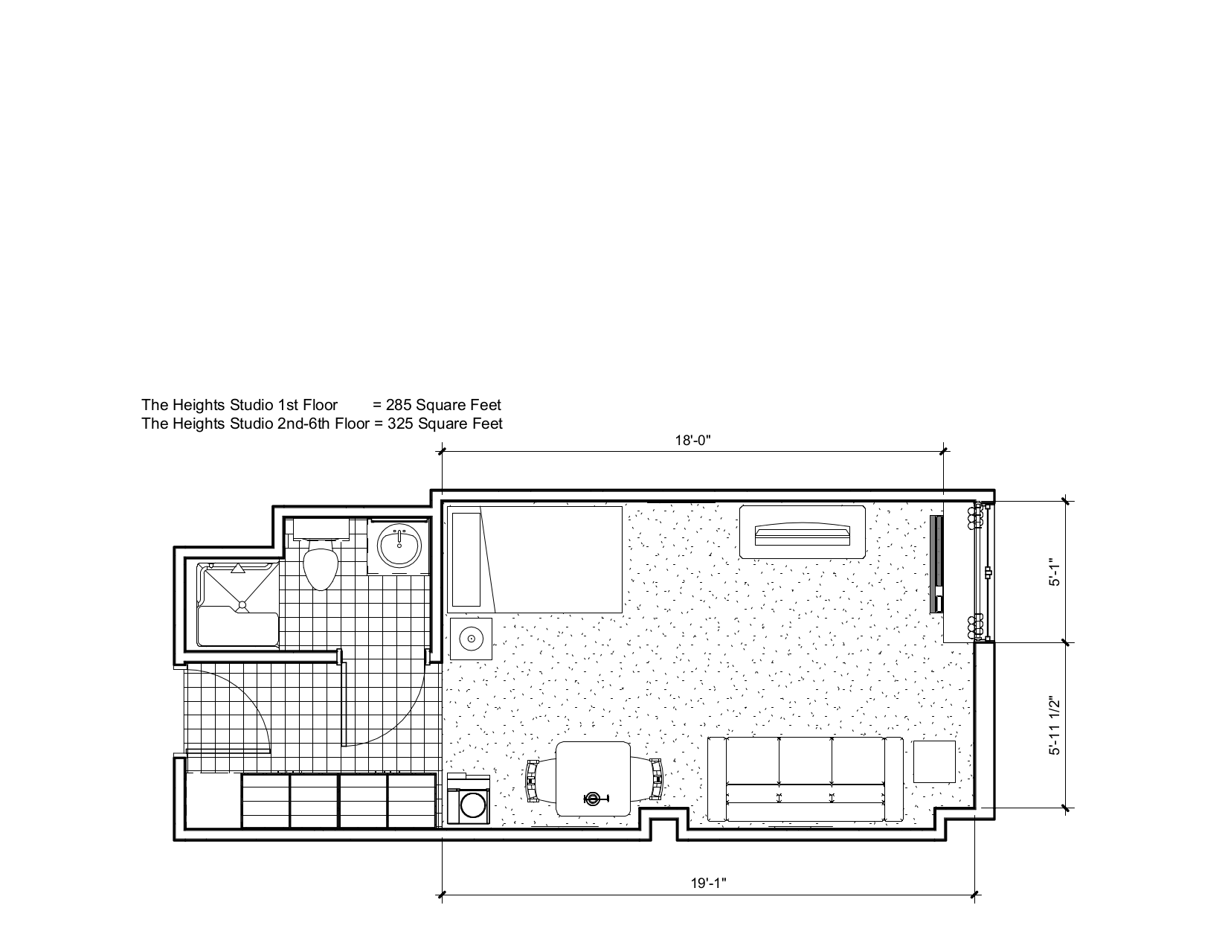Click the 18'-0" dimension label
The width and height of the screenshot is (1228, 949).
tap(693, 440)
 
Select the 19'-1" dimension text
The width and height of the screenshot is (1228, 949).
tap(707, 884)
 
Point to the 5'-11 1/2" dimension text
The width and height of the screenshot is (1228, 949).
tap(1052, 726)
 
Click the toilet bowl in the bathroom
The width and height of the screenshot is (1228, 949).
tap(321, 567)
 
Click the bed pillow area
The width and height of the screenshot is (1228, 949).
tap(466, 558)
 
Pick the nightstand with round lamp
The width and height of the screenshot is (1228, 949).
tap(471, 638)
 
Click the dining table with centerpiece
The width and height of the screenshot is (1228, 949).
tap(593, 779)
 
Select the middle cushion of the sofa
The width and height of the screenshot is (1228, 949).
tap(805, 761)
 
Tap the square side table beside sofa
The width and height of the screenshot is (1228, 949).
tap(934, 761)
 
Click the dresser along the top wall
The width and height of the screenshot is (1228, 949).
tap(802, 531)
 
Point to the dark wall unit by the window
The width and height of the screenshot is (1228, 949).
tap(936, 563)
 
